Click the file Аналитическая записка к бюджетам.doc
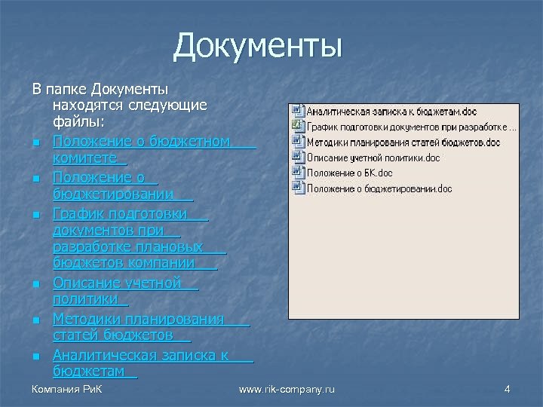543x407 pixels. click(386, 112)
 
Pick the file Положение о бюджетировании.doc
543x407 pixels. click(379, 188)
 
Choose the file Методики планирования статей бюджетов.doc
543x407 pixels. click(403, 142)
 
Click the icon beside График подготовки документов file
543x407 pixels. click(298, 127)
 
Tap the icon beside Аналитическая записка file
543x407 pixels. click(298, 112)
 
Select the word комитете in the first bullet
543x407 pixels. click(85, 158)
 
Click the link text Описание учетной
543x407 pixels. click(117, 283)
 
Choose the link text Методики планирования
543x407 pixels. click(139, 320)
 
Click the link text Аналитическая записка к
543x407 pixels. click(140, 355)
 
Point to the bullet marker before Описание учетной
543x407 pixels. click(35, 285)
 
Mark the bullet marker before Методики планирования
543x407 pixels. click(35, 322)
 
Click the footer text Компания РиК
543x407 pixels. click(67, 389)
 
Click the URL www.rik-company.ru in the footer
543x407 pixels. click(286, 389)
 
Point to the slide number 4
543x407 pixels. click(507, 389)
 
